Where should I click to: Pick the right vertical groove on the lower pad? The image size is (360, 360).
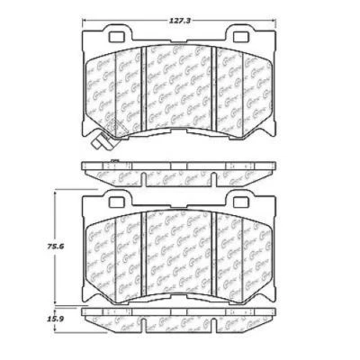(x=216, y=247)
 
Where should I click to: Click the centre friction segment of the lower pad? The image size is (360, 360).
(x=180, y=247)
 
